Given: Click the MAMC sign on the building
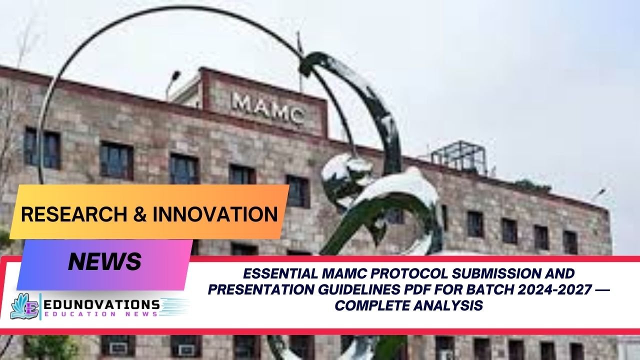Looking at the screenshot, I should click(x=267, y=107).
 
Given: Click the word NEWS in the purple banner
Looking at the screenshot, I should click(x=104, y=261).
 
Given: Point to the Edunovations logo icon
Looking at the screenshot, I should click(x=24, y=306).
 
